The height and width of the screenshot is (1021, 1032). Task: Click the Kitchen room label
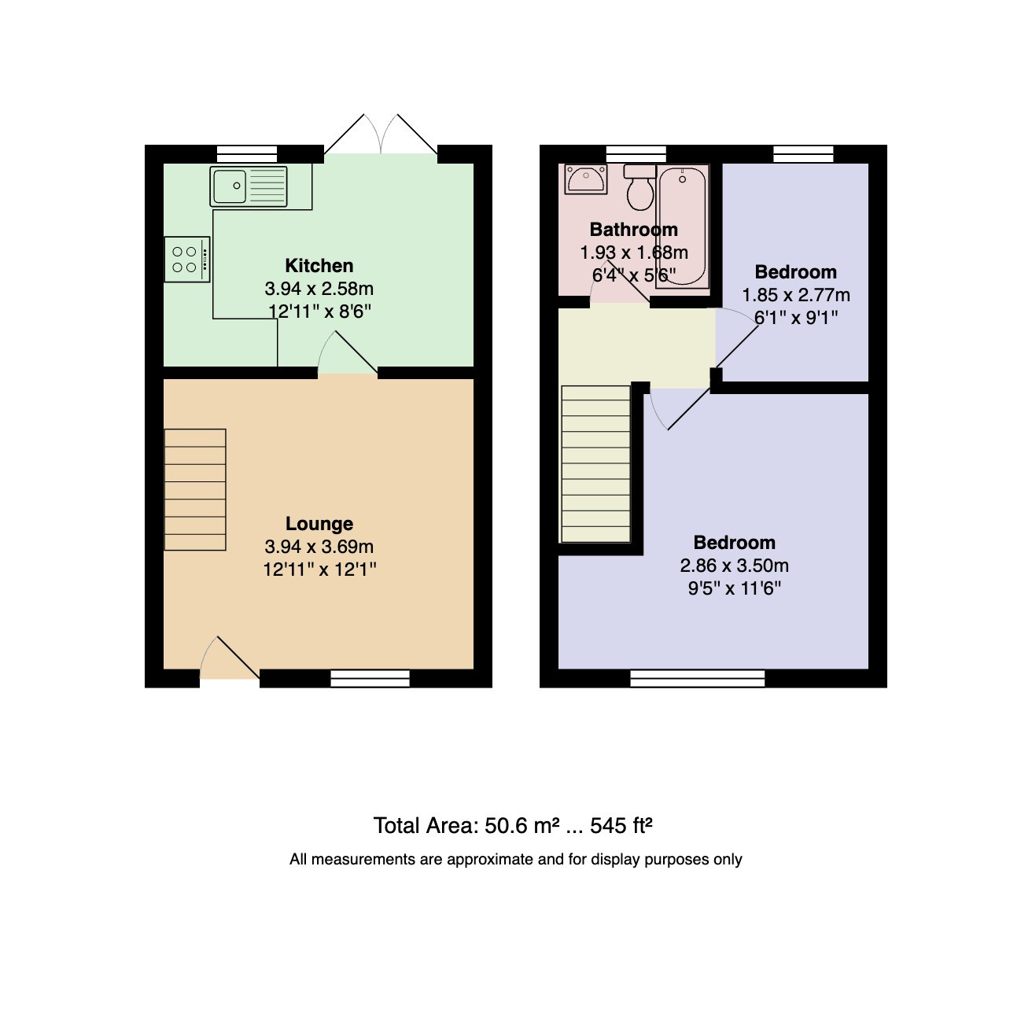pyautogui.click(x=319, y=266)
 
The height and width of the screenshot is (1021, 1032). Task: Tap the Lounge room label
pyautogui.click(x=319, y=523)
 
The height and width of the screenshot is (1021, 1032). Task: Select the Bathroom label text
pyautogui.click(x=633, y=230)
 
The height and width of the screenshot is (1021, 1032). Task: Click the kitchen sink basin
pyautogui.click(x=230, y=186)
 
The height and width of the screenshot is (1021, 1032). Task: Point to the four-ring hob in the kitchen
pyautogui.click(x=187, y=260)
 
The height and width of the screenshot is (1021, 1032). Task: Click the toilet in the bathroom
pyautogui.click(x=640, y=187)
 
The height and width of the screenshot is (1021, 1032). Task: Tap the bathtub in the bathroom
pyautogui.click(x=683, y=227)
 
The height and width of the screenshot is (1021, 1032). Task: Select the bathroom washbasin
pyautogui.click(x=585, y=179)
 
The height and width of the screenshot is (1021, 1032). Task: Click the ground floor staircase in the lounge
pyautogui.click(x=195, y=489)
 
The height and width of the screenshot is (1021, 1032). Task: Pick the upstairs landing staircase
pyautogui.click(x=595, y=464)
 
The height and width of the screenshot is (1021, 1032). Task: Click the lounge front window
pyautogui.click(x=370, y=678)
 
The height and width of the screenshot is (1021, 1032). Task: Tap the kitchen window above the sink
pyautogui.click(x=247, y=154)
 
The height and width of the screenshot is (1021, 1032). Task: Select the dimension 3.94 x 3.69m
pyautogui.click(x=319, y=547)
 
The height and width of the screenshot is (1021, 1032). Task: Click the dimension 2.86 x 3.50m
pyautogui.click(x=734, y=566)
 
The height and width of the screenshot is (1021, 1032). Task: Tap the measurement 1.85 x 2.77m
pyautogui.click(x=796, y=295)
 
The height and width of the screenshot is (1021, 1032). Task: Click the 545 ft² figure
pyautogui.click(x=621, y=825)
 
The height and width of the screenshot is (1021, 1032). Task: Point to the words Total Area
pyautogui.click(x=426, y=826)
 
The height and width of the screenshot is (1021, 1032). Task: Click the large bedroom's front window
pyautogui.click(x=697, y=678)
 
